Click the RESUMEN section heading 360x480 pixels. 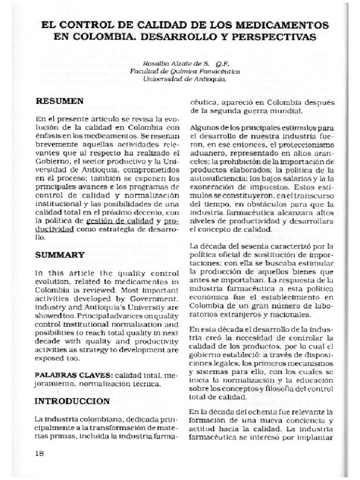[60, 101]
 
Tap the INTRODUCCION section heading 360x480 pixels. [73, 401]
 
